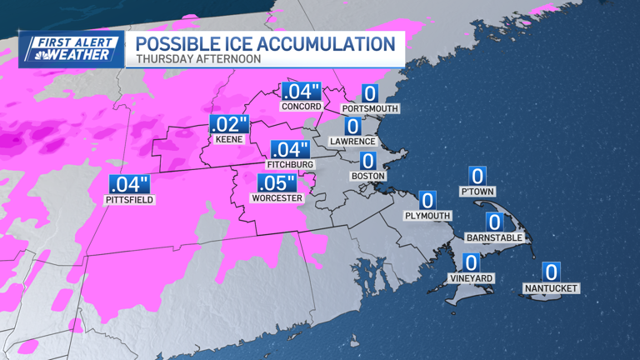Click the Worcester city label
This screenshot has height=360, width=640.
pyautogui.click(x=277, y=198)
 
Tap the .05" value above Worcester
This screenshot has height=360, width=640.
pyautogui.click(x=277, y=183)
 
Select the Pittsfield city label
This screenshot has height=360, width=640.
pyautogui.click(x=129, y=200)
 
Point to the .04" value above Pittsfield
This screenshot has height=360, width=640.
pyautogui.click(x=129, y=184)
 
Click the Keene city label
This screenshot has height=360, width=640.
pyautogui.click(x=228, y=139)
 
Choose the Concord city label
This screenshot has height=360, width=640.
pyautogui.click(x=301, y=107)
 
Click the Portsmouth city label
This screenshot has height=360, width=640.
pyautogui.click(x=370, y=108)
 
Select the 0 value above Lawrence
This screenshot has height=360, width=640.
pyautogui.click(x=352, y=126)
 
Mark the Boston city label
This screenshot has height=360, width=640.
pyautogui.click(x=367, y=176)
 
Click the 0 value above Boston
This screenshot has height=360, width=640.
pyautogui.click(x=367, y=161)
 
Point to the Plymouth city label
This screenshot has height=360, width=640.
pyautogui.click(x=427, y=216)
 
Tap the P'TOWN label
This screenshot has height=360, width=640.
pyautogui.click(x=477, y=192)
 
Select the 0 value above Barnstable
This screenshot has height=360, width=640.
pyautogui.click(x=494, y=222)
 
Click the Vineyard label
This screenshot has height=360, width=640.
pyautogui.click(x=472, y=278)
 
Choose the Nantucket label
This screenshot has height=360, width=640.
pyautogui.click(x=551, y=288)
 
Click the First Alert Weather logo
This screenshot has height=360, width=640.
pyautogui.click(x=71, y=49)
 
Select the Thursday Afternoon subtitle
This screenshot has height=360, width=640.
pyautogui.click(x=198, y=59)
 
